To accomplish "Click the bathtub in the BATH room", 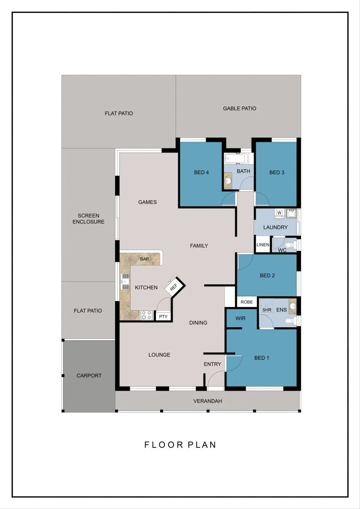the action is point(236,158).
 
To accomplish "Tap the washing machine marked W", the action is point(279,213).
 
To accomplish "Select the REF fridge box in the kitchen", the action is point(175,286).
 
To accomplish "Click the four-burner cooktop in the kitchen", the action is point(146,315).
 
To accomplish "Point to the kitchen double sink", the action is point(125,281).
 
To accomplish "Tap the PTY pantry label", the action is point(163,316).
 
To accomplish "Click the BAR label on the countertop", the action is point(145,259).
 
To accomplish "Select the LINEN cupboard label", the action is point(263,245).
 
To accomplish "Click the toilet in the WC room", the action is point(291,245).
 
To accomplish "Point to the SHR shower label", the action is point(267,310).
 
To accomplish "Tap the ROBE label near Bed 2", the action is point(247,302).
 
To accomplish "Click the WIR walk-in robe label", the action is point(241,318).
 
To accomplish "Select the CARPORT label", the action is point(89,376).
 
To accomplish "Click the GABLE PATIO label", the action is point(239,108).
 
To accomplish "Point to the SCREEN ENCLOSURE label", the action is point(88,218).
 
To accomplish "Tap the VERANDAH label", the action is point(208,401).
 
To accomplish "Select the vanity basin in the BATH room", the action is point(228,181).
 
